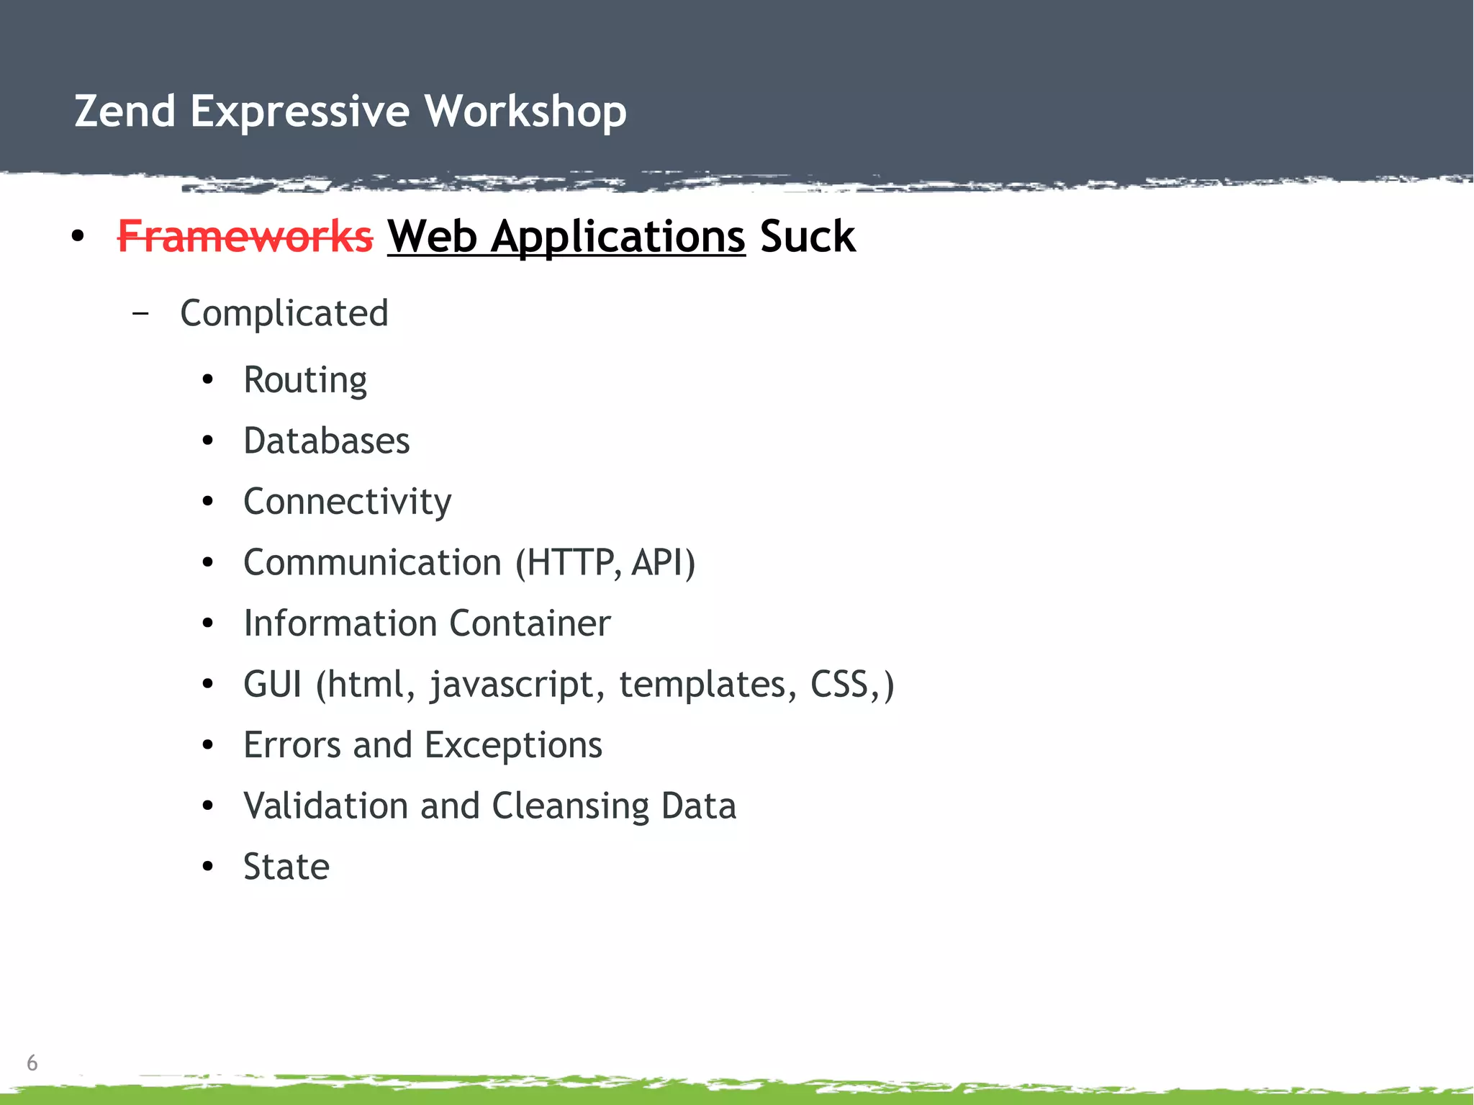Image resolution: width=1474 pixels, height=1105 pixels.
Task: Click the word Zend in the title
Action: pyautogui.click(x=125, y=112)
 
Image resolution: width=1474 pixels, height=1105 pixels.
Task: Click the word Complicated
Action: pyautogui.click(x=284, y=314)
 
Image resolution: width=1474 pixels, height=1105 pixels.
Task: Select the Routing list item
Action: pyautogui.click(x=305, y=380)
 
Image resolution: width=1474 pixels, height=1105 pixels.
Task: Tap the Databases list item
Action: pyautogui.click(x=326, y=441)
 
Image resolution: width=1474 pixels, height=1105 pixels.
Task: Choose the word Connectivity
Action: pyautogui.click(x=347, y=502)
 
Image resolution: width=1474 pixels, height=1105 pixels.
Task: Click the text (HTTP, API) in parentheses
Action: pyautogui.click(x=605, y=562)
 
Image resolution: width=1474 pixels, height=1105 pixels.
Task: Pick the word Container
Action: pyautogui.click(x=530, y=623)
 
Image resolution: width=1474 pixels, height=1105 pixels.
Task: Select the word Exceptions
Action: pyautogui.click(x=513, y=745)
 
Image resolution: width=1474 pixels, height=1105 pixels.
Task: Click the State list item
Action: pyautogui.click(x=286, y=867)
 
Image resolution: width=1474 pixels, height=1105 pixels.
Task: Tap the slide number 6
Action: pyautogui.click(x=32, y=1063)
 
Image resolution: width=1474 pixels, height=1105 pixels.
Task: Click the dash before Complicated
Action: pyautogui.click(x=141, y=314)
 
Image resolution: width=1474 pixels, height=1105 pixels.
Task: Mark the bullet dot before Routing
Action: pyautogui.click(x=208, y=380)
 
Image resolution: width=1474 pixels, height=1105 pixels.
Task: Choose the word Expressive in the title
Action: pyautogui.click(x=299, y=112)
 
